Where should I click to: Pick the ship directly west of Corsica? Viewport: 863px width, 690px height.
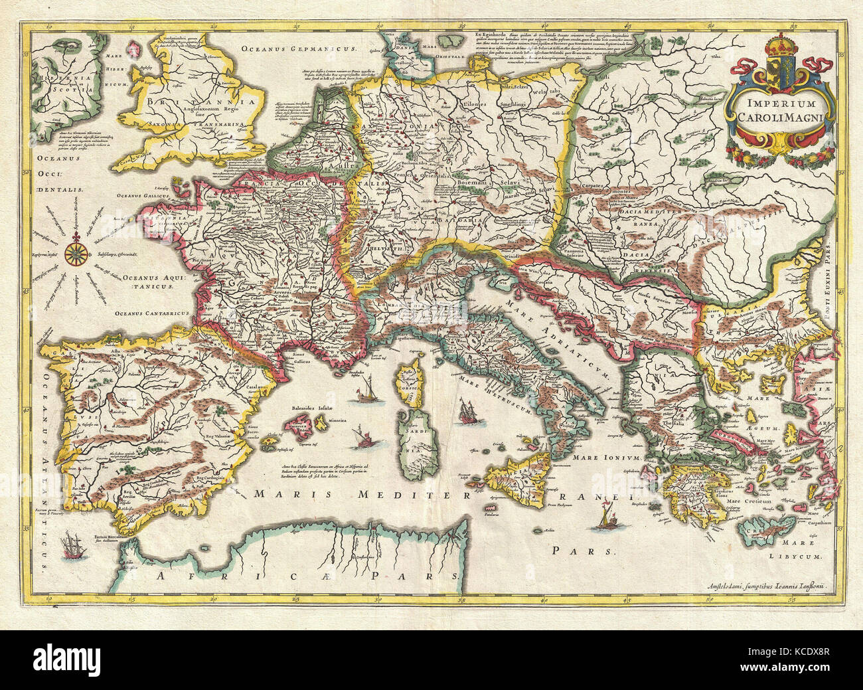tap(366, 390)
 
